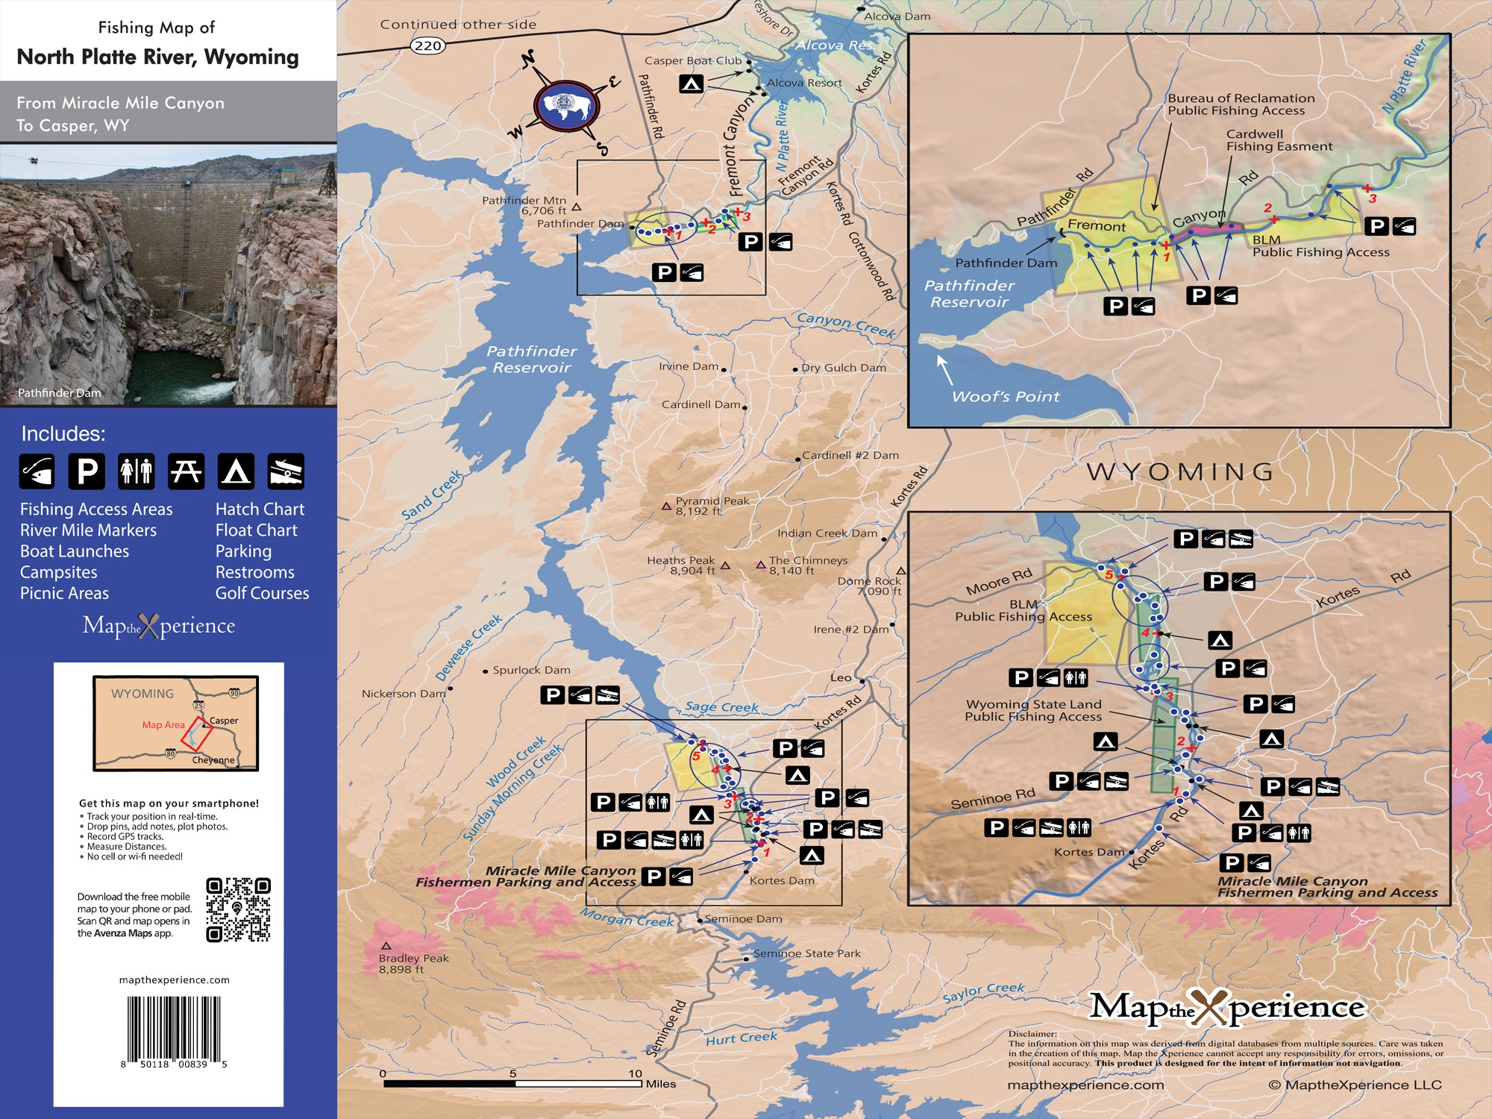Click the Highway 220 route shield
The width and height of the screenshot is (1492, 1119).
tap(428, 46)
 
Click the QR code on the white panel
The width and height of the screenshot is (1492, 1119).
tap(238, 909)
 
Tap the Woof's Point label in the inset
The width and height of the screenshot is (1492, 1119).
tap(1005, 397)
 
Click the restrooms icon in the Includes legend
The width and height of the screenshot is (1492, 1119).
tap(137, 471)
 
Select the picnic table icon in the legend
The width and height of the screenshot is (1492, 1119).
tap(186, 471)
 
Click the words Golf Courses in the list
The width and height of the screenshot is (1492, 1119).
tap(262, 593)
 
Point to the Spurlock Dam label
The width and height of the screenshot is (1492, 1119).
tap(531, 670)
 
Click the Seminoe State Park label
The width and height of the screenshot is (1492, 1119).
tap(806, 953)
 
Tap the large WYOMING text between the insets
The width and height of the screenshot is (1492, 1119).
tap(1180, 471)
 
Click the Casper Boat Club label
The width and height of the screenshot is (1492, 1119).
tap(693, 60)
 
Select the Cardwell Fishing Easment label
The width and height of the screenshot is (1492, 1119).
tap(1279, 140)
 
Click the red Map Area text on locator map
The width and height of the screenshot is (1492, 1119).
tap(163, 724)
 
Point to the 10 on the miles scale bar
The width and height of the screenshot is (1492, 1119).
tap(635, 1073)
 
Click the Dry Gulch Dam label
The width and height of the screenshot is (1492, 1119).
tap(843, 368)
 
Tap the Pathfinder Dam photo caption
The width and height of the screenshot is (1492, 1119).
tap(59, 393)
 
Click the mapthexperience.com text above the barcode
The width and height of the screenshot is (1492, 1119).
tap(174, 979)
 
